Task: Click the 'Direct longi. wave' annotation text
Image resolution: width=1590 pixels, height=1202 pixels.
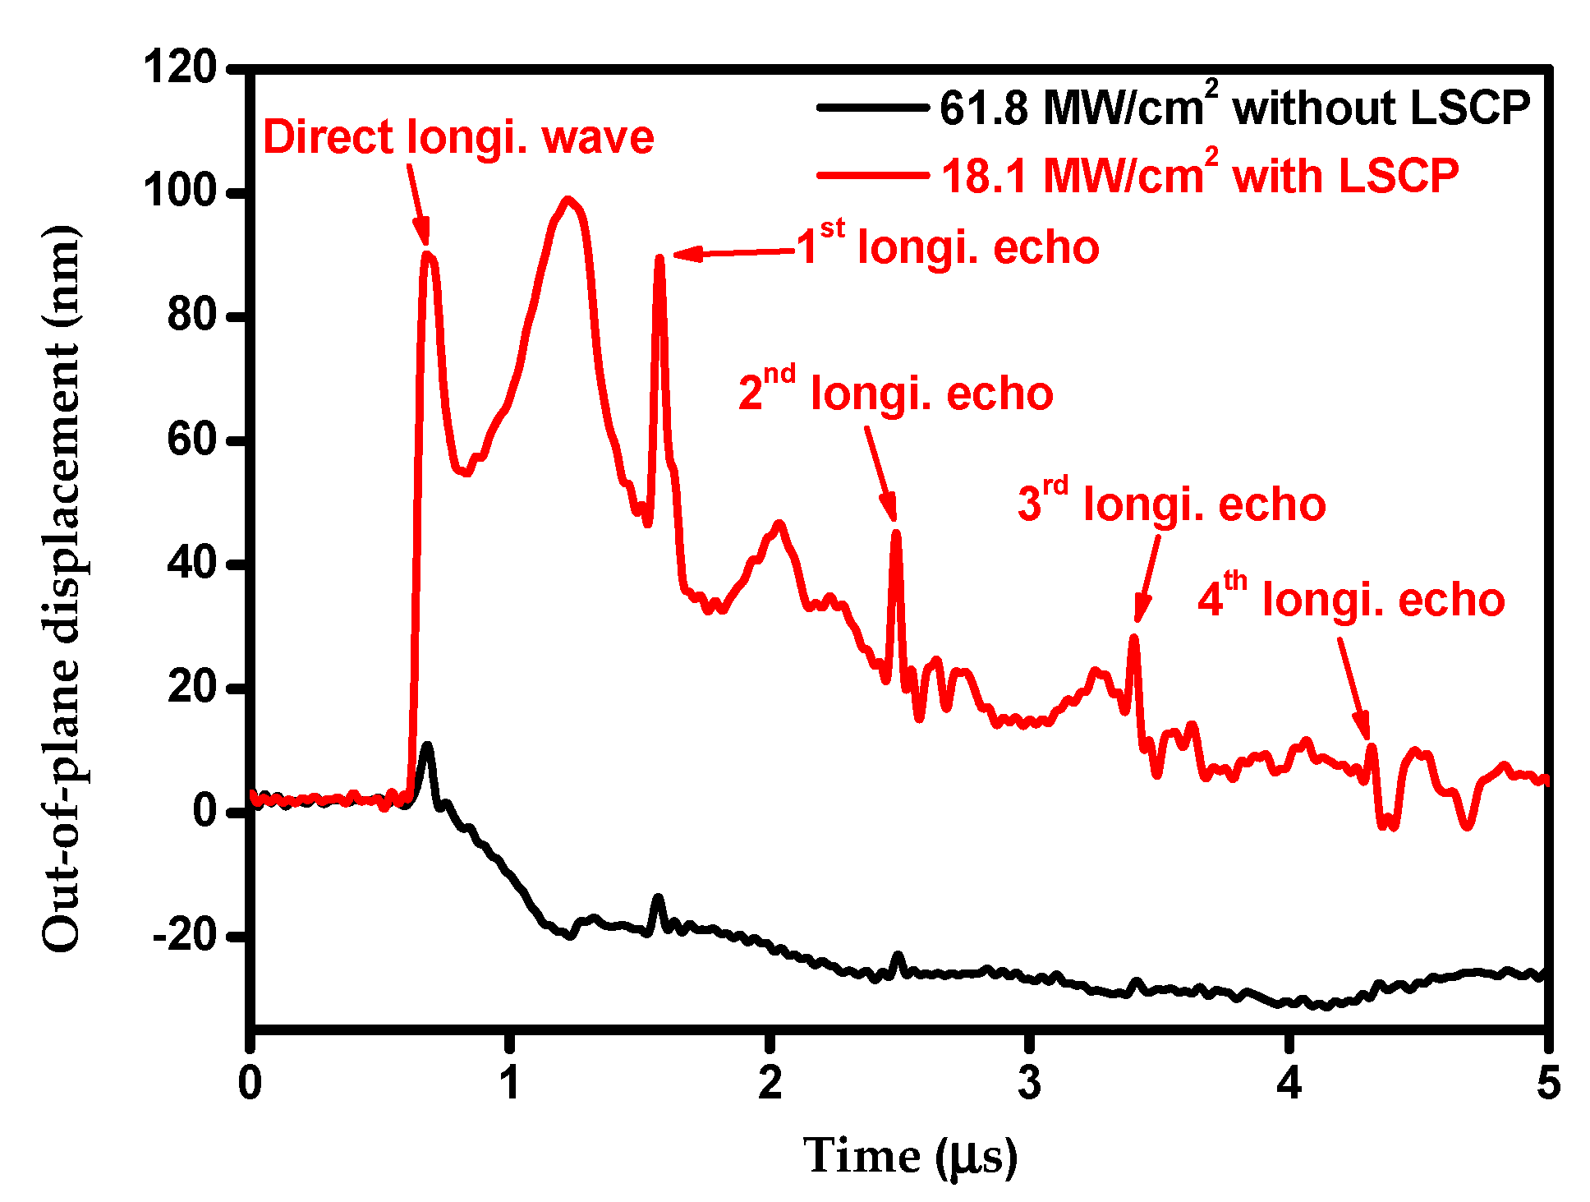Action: [x=458, y=137]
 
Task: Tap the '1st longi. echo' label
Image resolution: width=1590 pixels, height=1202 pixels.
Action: [x=948, y=246]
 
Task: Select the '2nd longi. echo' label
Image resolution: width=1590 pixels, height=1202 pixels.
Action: [x=895, y=392]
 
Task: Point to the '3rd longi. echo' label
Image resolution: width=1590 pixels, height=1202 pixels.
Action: [x=1171, y=503]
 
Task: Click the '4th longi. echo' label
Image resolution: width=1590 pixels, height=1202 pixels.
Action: [x=1351, y=598]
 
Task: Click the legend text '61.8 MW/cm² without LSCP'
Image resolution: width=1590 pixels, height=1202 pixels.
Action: [x=1234, y=108]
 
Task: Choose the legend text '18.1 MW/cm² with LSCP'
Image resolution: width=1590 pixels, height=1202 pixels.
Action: [x=1199, y=175]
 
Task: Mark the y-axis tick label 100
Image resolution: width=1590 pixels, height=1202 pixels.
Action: [x=179, y=192]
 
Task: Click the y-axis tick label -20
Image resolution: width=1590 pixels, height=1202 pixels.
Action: [x=186, y=936]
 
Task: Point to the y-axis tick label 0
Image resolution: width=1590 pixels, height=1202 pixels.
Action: [x=204, y=812]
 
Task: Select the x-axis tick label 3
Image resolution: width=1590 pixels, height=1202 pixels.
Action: [x=1029, y=1084]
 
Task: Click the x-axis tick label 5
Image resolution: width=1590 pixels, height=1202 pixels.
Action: [x=1547, y=1084]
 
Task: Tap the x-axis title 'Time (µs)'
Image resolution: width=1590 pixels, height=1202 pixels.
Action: [x=910, y=1157]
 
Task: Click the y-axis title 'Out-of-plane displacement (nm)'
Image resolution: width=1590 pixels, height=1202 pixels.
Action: [x=62, y=587]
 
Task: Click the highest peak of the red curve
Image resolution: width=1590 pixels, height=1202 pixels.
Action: [x=568, y=199]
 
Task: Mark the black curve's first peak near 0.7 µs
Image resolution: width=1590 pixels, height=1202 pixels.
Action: [x=426, y=746]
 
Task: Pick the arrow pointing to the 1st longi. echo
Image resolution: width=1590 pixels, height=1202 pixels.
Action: [x=731, y=253]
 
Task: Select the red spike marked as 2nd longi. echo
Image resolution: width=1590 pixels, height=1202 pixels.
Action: [x=896, y=534]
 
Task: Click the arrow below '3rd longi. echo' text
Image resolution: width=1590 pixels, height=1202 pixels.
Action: [x=1147, y=579]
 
